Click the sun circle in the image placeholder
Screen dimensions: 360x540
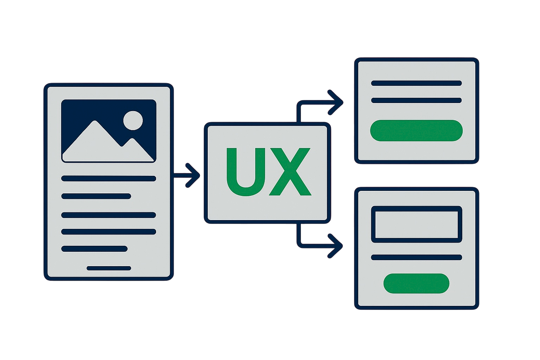click(133, 120)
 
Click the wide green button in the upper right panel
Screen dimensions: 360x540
click(416, 130)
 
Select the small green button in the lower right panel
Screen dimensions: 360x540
click(416, 283)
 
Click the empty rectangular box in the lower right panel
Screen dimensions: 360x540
click(416, 224)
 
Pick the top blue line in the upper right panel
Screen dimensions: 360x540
click(416, 83)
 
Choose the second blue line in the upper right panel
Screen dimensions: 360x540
click(416, 101)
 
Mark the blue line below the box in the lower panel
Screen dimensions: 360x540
click(416, 257)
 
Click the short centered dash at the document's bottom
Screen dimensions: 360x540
click(109, 268)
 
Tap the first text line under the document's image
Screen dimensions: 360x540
click(109, 178)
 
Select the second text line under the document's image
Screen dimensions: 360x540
click(96, 196)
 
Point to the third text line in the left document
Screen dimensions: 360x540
click(109, 215)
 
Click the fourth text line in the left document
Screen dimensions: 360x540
click(109, 232)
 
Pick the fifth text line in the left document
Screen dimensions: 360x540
click(94, 249)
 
